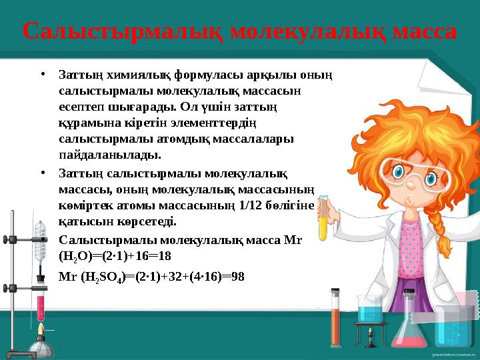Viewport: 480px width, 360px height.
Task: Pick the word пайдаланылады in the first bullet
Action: pyautogui.click(x=109, y=155)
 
